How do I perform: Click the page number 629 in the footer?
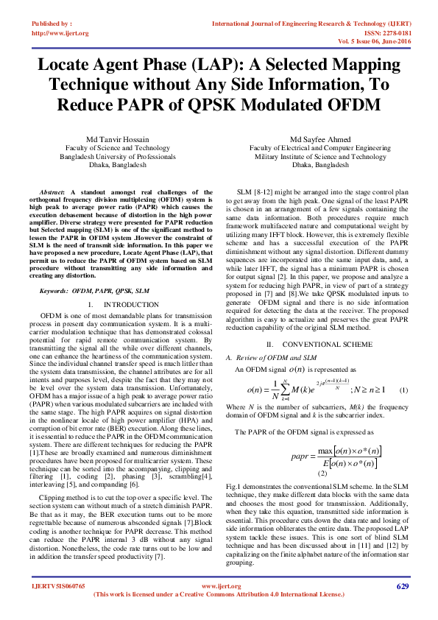point(402,586)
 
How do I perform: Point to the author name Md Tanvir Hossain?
point(118,139)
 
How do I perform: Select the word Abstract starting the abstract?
point(53,191)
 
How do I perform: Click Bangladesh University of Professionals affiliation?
point(118,156)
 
